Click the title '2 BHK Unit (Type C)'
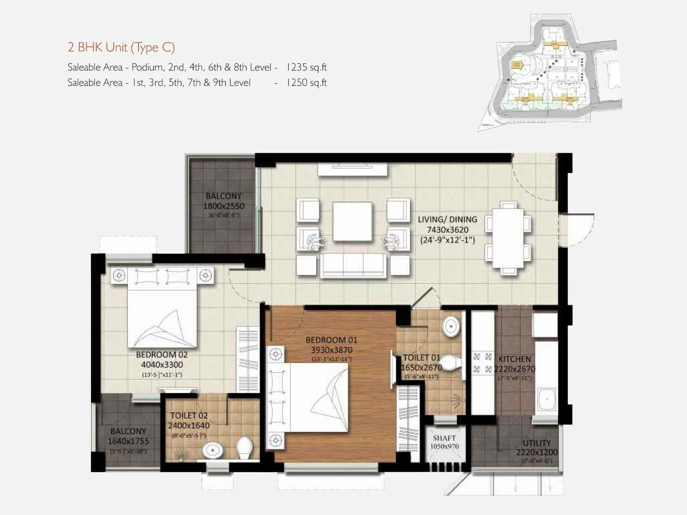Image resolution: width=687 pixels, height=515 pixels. pos(121,47)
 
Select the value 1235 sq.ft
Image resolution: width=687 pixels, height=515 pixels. pos(307,67)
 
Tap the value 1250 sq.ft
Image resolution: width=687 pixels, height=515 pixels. pos(307,83)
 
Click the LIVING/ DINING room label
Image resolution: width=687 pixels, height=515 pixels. pos(447,219)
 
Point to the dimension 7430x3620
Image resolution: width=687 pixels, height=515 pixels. pos(447,230)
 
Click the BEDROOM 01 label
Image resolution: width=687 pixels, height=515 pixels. pos(331,340)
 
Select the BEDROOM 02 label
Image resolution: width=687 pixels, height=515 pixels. pos(161,354)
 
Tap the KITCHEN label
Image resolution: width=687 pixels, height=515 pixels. pos(514,359)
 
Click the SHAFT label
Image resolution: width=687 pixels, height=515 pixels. pos(444,438)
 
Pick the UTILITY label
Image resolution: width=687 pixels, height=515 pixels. pos(536,442)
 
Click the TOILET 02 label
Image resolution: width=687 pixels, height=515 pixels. pos(189,415)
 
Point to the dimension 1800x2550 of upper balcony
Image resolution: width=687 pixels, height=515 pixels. pos(223,206)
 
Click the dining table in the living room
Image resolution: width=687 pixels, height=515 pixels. pos(508,238)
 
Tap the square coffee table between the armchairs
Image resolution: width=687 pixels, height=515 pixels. pos(352,222)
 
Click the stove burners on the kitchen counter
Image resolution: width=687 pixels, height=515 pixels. pos(482,363)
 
